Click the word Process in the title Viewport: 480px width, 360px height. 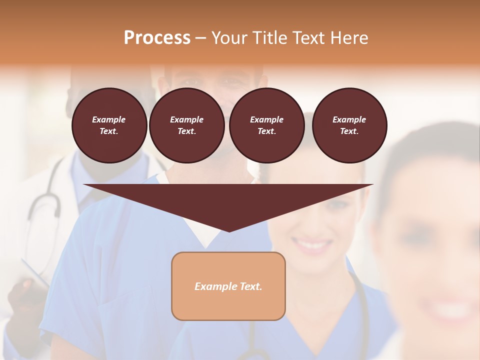157,38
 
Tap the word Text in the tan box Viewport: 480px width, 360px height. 251,286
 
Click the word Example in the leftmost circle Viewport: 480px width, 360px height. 109,119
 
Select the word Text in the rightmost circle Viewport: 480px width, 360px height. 349,131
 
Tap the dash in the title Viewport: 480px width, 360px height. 200,38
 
